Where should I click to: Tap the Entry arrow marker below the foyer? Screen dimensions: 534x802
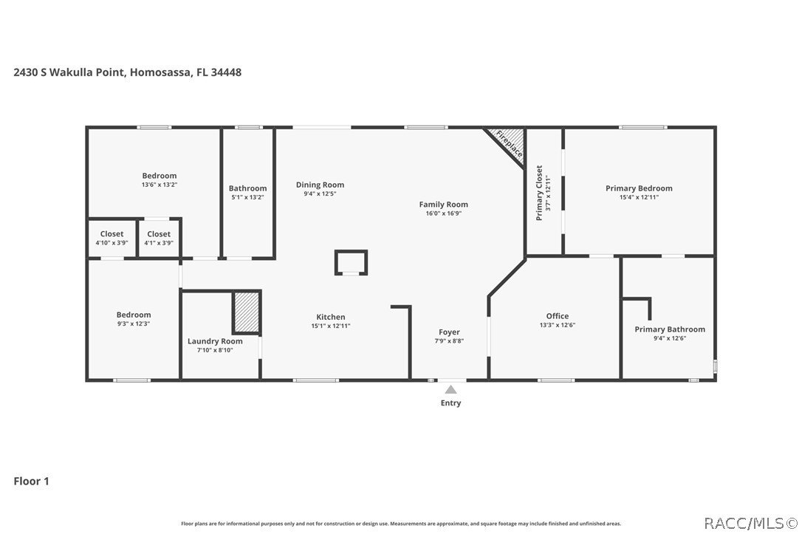tap(450, 389)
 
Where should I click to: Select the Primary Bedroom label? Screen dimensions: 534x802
tap(639, 188)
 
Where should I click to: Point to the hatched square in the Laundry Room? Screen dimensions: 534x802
tap(246, 312)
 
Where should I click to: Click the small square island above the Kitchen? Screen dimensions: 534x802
tap(351, 262)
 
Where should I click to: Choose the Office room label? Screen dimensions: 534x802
tap(557, 316)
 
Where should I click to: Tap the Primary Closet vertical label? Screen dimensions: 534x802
tap(539, 193)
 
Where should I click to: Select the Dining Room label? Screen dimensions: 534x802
tap(320, 185)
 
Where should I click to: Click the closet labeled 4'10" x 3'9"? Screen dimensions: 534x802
tap(112, 239)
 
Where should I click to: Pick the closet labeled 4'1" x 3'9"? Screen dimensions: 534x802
tap(159, 239)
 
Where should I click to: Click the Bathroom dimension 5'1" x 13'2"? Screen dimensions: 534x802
tap(247, 197)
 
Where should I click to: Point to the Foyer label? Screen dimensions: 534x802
tap(449, 332)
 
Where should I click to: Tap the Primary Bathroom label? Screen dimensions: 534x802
tap(669, 329)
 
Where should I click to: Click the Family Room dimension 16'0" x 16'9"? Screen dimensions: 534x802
tap(443, 213)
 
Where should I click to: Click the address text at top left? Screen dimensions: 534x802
tap(127, 72)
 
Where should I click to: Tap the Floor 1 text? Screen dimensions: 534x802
tap(31, 481)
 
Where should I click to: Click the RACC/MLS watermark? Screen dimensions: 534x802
tap(749, 523)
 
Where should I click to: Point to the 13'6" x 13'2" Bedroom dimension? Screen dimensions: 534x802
tap(160, 185)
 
